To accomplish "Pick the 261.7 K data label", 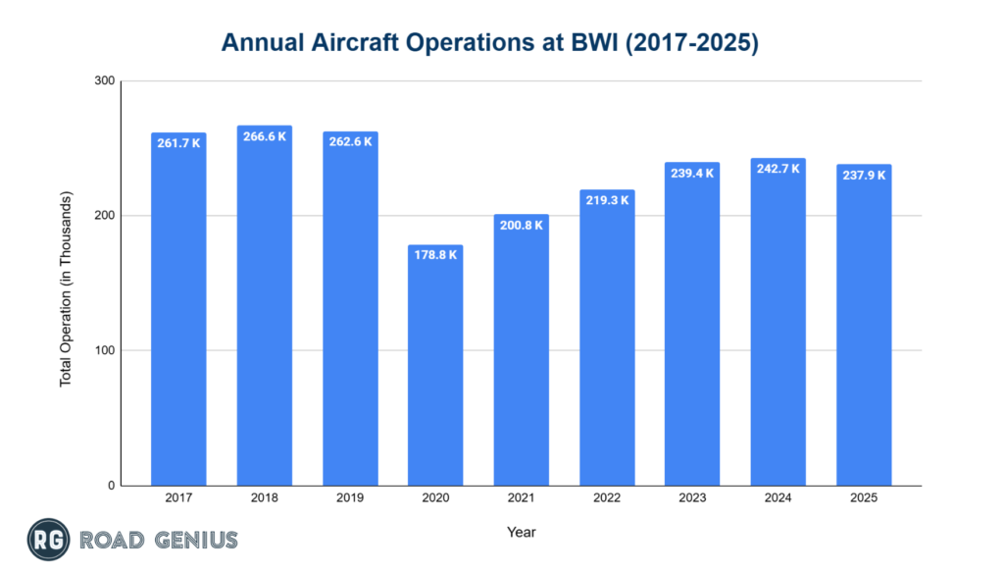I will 178,143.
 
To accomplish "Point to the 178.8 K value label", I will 435,254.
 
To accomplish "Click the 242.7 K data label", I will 778,169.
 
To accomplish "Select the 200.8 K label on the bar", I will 521,225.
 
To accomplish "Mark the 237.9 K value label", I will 864,175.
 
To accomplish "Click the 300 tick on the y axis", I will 102,81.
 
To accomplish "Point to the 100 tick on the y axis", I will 102,351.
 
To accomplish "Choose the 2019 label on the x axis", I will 349,498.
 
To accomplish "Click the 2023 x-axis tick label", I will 692,498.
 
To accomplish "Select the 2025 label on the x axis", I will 864,498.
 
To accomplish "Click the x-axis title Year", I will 521,532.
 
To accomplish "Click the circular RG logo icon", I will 45,539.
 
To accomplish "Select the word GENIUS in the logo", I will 189,540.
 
